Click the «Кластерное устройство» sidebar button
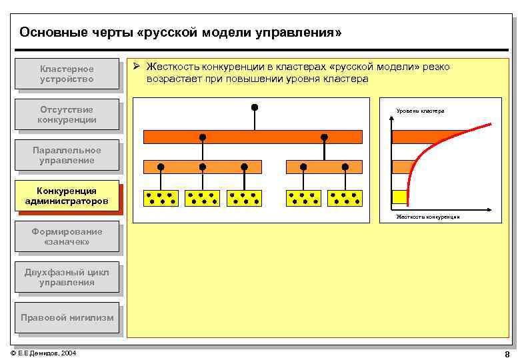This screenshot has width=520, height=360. pyautogui.click(x=67, y=75)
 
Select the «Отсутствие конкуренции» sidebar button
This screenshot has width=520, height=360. pyautogui.click(x=67, y=115)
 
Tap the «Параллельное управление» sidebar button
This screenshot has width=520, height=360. pyautogui.click(x=67, y=155)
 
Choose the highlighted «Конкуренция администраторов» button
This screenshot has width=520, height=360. pyautogui.click(x=67, y=196)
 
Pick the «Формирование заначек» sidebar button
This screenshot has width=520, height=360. pyautogui.click(x=67, y=237)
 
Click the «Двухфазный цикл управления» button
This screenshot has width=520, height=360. pyautogui.click(x=67, y=277)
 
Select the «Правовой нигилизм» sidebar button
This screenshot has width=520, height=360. pyautogui.click(x=67, y=318)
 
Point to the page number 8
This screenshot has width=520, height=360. pyautogui.click(x=507, y=354)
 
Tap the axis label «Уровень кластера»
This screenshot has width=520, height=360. pyautogui.click(x=420, y=111)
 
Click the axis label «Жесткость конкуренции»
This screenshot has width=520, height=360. pyautogui.click(x=427, y=217)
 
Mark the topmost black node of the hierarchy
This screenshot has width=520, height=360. pyautogui.click(x=254, y=107)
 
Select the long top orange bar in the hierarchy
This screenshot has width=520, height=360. pyautogui.click(x=253, y=137)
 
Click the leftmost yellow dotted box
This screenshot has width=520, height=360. pyautogui.click(x=161, y=198)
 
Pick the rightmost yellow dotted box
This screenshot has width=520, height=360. pyautogui.click(x=345, y=198)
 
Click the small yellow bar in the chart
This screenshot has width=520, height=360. pyautogui.click(x=399, y=197)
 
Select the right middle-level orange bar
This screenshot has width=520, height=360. pyautogui.click(x=324, y=167)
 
